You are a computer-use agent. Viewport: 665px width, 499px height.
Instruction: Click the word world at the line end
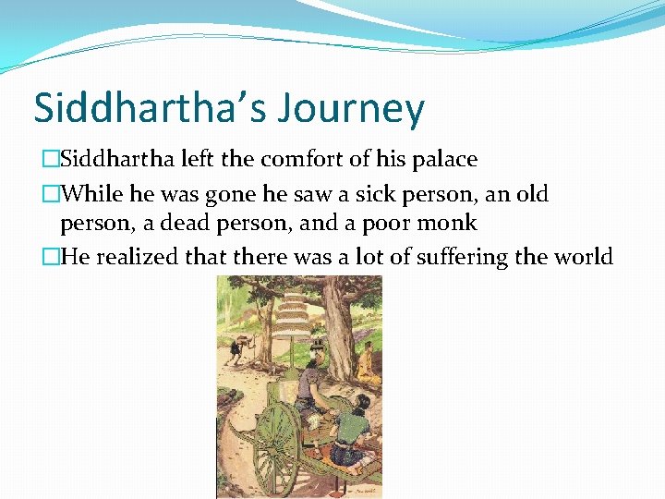582,257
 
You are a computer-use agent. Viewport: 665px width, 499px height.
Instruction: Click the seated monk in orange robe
367,362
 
